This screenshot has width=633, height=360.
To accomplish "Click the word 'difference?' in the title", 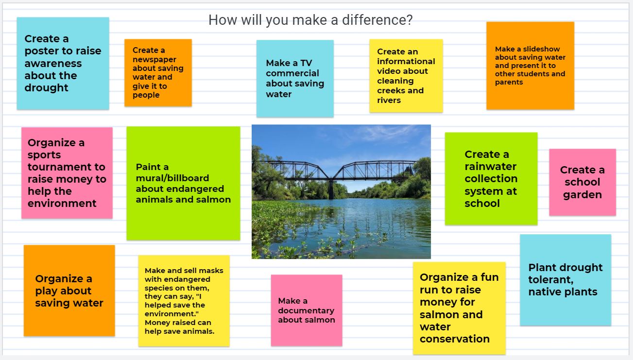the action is pos(377,20).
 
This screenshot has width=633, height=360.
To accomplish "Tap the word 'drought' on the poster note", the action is pos(46,87).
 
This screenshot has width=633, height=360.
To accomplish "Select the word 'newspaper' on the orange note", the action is pos(154,59).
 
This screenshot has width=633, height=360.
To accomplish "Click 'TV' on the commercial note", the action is pos(306,63).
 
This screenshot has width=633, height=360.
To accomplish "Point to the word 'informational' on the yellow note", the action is pos(406,61).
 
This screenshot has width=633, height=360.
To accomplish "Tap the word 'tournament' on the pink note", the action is pos(67,167).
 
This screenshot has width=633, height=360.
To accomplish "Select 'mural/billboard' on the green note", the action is pos(172,178).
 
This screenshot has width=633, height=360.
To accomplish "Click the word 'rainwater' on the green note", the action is pos(491,167).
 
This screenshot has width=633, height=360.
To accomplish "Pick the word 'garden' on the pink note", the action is pos(582,195).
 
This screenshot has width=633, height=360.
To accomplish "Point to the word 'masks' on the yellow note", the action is pos(212,271).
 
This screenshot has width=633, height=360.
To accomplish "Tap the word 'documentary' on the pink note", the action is pos(306,310).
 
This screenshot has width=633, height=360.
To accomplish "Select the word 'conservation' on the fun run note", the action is pos(455,339).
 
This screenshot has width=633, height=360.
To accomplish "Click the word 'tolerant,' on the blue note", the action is pos(551,280).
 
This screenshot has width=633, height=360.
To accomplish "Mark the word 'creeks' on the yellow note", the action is pos(390,90).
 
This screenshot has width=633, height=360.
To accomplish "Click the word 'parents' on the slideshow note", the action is pos(509,82).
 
